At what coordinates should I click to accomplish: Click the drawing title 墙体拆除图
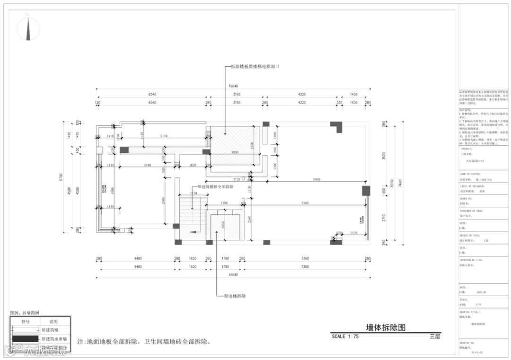[x=386, y=327]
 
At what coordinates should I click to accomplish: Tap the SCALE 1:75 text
[x=345, y=336]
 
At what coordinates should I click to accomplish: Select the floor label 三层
[x=435, y=336]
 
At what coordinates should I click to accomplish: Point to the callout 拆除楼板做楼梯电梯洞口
[x=255, y=67]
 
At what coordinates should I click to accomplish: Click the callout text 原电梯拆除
[x=234, y=296]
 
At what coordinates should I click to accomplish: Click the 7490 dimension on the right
[x=400, y=182]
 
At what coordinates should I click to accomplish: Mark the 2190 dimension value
[x=224, y=203]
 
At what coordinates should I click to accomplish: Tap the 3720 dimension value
[x=237, y=179]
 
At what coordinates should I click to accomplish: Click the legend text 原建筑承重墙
[x=54, y=339]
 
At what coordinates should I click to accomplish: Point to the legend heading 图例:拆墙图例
[x=25, y=313]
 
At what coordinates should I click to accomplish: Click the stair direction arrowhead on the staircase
[x=194, y=232]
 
